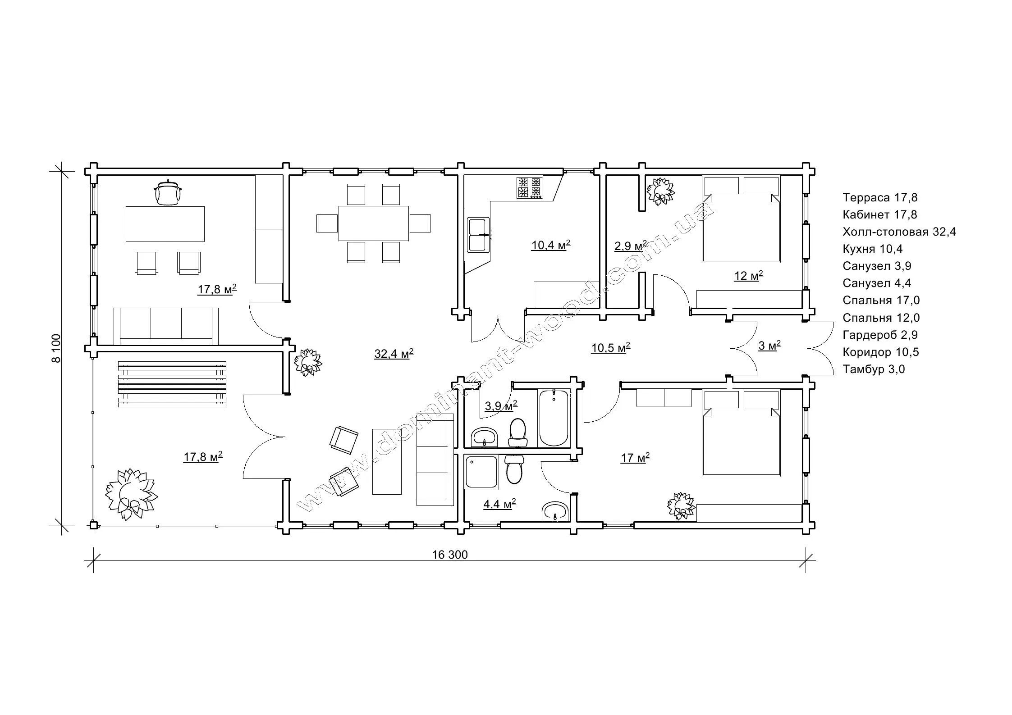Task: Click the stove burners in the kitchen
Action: coord(530,188)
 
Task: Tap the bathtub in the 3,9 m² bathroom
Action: coord(553,418)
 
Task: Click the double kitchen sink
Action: coord(478,235)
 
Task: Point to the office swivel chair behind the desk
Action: coord(168,193)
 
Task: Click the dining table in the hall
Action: coord(374,223)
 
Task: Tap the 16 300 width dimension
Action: coord(450,555)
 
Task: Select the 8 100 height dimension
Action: coord(56,348)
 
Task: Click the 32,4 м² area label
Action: coord(394,354)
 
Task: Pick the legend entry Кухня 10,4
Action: coord(871,249)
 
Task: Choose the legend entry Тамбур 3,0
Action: coord(874,369)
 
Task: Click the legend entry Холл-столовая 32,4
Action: coord(899,232)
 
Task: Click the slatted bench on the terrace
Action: coord(172,384)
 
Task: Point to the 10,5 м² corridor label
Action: coord(610,348)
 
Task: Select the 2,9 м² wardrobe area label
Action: coord(630,246)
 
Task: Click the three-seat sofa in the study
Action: coord(166,326)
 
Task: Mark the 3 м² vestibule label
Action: coord(769,346)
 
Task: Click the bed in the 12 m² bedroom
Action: coord(741,219)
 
